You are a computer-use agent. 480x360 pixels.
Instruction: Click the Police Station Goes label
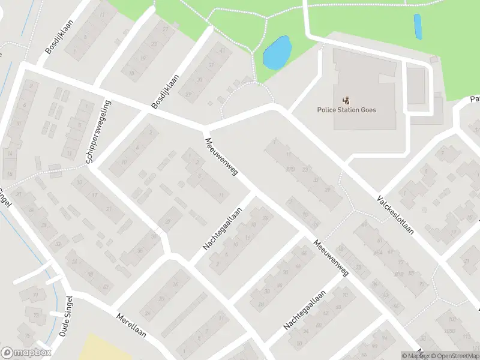point(347,110)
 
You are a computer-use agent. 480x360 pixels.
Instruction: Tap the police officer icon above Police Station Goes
point(347,100)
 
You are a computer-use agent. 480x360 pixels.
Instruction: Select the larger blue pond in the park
point(277,53)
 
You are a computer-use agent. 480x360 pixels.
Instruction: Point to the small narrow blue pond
point(418,26)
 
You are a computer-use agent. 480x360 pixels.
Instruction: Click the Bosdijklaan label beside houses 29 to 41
point(165,91)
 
